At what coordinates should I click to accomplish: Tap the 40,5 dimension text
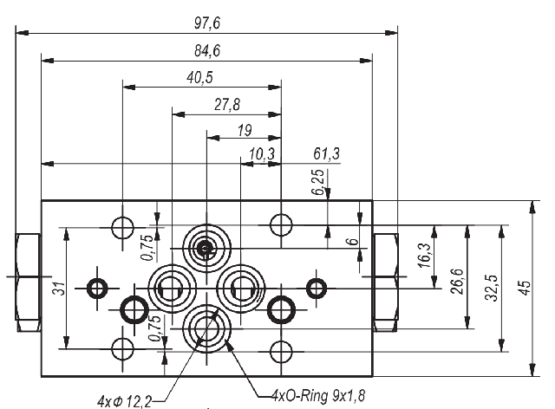pos(200,78)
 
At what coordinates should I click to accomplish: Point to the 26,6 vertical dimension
pos(457,282)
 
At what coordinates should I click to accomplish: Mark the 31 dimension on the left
pos(56,288)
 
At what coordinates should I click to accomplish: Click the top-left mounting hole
pos(123,226)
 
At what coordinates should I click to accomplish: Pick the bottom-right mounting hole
pos(279,350)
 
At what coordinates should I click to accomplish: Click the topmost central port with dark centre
pos(206,250)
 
